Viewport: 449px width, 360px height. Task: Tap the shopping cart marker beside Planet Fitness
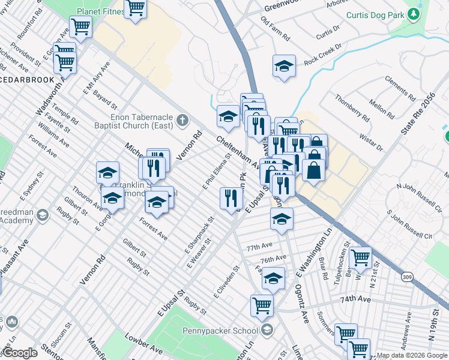pyautogui.click(x=136, y=8)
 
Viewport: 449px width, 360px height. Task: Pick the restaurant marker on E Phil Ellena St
pyautogui.click(x=231, y=198)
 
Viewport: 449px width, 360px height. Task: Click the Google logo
pyautogui.click(x=20, y=353)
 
